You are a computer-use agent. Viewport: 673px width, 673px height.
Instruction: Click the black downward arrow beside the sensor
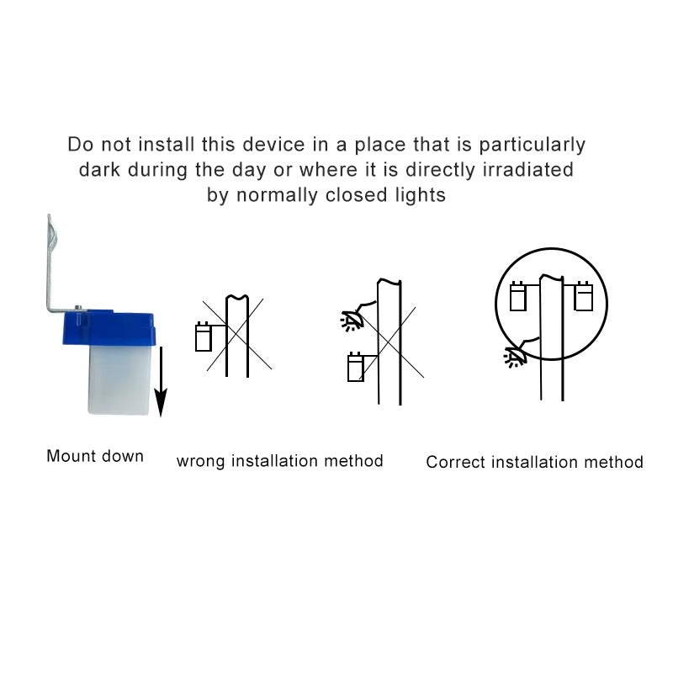pyautogui.click(x=161, y=382)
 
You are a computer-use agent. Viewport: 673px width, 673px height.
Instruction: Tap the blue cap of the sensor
pyautogui.click(x=109, y=328)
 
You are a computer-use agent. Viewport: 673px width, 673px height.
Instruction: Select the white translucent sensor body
pyautogui.click(x=119, y=380)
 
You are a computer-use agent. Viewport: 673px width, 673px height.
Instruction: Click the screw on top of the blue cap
pyautogui.click(x=78, y=307)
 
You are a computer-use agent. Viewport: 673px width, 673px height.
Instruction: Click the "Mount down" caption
pyautogui.click(x=95, y=456)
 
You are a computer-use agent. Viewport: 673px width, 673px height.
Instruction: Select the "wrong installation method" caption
pyautogui.click(x=279, y=461)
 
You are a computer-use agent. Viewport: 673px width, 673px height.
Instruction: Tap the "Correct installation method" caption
pyautogui.click(x=534, y=462)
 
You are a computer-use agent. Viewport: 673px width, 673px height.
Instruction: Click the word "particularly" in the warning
pyautogui.click(x=533, y=145)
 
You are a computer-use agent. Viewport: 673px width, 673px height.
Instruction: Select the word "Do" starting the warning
pyautogui.click(x=80, y=144)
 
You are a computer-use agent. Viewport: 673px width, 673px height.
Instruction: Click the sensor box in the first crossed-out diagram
pyautogui.click(x=204, y=337)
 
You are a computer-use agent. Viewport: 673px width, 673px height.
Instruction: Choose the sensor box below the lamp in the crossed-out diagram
pyautogui.click(x=356, y=367)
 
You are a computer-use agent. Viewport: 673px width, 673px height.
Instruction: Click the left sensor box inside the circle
pyautogui.click(x=518, y=296)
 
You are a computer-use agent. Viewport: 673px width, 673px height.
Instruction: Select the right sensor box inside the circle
pyautogui.click(x=583, y=296)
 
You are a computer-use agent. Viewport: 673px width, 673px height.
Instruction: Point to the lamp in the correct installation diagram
pyautogui.click(x=516, y=357)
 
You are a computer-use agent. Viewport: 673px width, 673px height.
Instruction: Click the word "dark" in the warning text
pyautogui.click(x=99, y=170)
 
